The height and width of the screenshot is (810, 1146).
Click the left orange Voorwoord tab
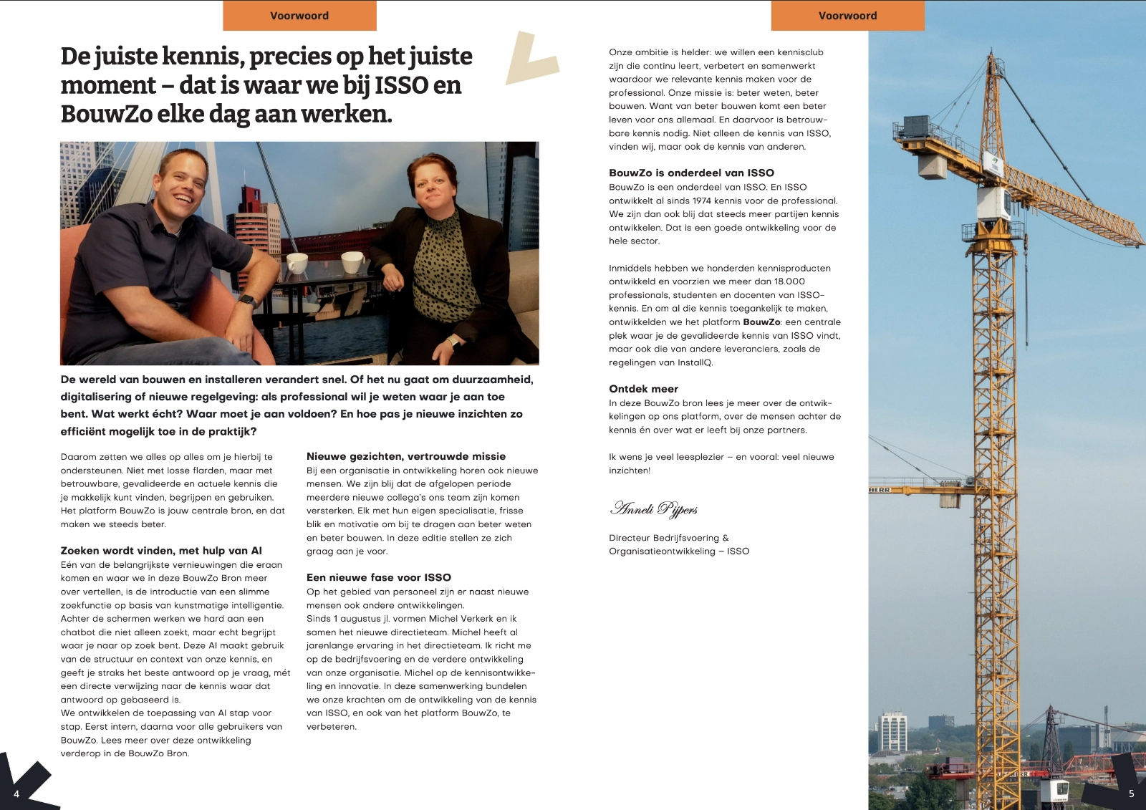(299, 16)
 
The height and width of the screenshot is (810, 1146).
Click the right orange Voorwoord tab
(847, 16)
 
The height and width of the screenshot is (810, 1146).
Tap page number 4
(16, 794)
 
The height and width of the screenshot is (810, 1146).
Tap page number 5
(1132, 794)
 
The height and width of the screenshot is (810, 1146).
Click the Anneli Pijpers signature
(654, 509)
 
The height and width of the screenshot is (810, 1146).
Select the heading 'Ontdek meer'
(643, 389)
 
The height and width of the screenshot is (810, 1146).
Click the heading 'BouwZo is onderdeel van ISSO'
(691, 173)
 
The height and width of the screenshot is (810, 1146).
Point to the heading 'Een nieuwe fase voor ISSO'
(379, 577)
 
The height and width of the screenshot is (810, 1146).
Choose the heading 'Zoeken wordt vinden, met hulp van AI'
(161, 551)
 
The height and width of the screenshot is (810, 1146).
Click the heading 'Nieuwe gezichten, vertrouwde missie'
(406, 456)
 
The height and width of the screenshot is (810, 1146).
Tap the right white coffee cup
(351, 263)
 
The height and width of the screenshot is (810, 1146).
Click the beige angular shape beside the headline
(531, 59)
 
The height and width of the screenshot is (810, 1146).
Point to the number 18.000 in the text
(789, 281)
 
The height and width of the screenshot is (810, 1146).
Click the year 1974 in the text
(702, 201)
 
